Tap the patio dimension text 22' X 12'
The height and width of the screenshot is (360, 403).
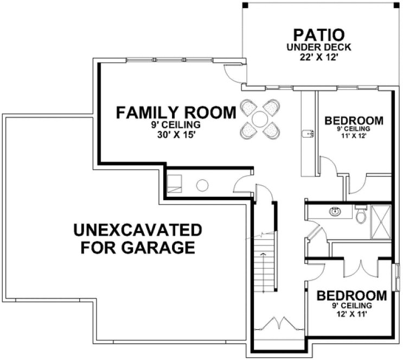click(318, 56)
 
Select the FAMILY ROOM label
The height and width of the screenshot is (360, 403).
click(177, 113)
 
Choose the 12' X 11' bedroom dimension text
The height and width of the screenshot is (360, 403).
click(352, 313)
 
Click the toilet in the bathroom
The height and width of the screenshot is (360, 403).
click(360, 215)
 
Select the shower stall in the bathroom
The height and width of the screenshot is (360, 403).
click(381, 222)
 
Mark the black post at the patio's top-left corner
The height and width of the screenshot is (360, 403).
click(245, 5)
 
